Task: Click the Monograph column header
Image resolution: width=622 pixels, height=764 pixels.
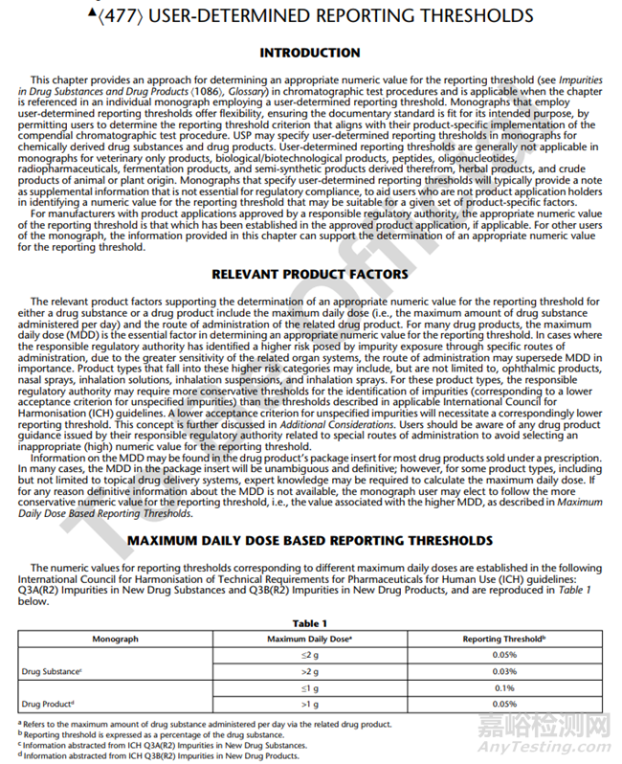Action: [115, 639]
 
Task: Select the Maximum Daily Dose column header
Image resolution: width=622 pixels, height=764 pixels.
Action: [310, 639]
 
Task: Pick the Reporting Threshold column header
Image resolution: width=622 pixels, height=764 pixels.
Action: [504, 639]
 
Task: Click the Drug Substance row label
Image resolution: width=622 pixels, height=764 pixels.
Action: [51, 672]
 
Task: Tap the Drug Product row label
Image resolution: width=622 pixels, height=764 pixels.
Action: [48, 705]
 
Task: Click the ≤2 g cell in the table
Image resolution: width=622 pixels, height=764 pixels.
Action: [309, 655]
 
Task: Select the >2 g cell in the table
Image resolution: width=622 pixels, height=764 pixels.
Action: [309, 672]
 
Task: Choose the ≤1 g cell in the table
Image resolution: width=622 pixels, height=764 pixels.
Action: [309, 688]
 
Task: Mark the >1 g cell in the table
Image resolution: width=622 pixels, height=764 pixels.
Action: [309, 705]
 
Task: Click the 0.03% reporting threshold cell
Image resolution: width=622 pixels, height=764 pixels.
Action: [504, 672]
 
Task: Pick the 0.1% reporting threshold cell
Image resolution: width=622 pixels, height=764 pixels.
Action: [504, 688]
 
